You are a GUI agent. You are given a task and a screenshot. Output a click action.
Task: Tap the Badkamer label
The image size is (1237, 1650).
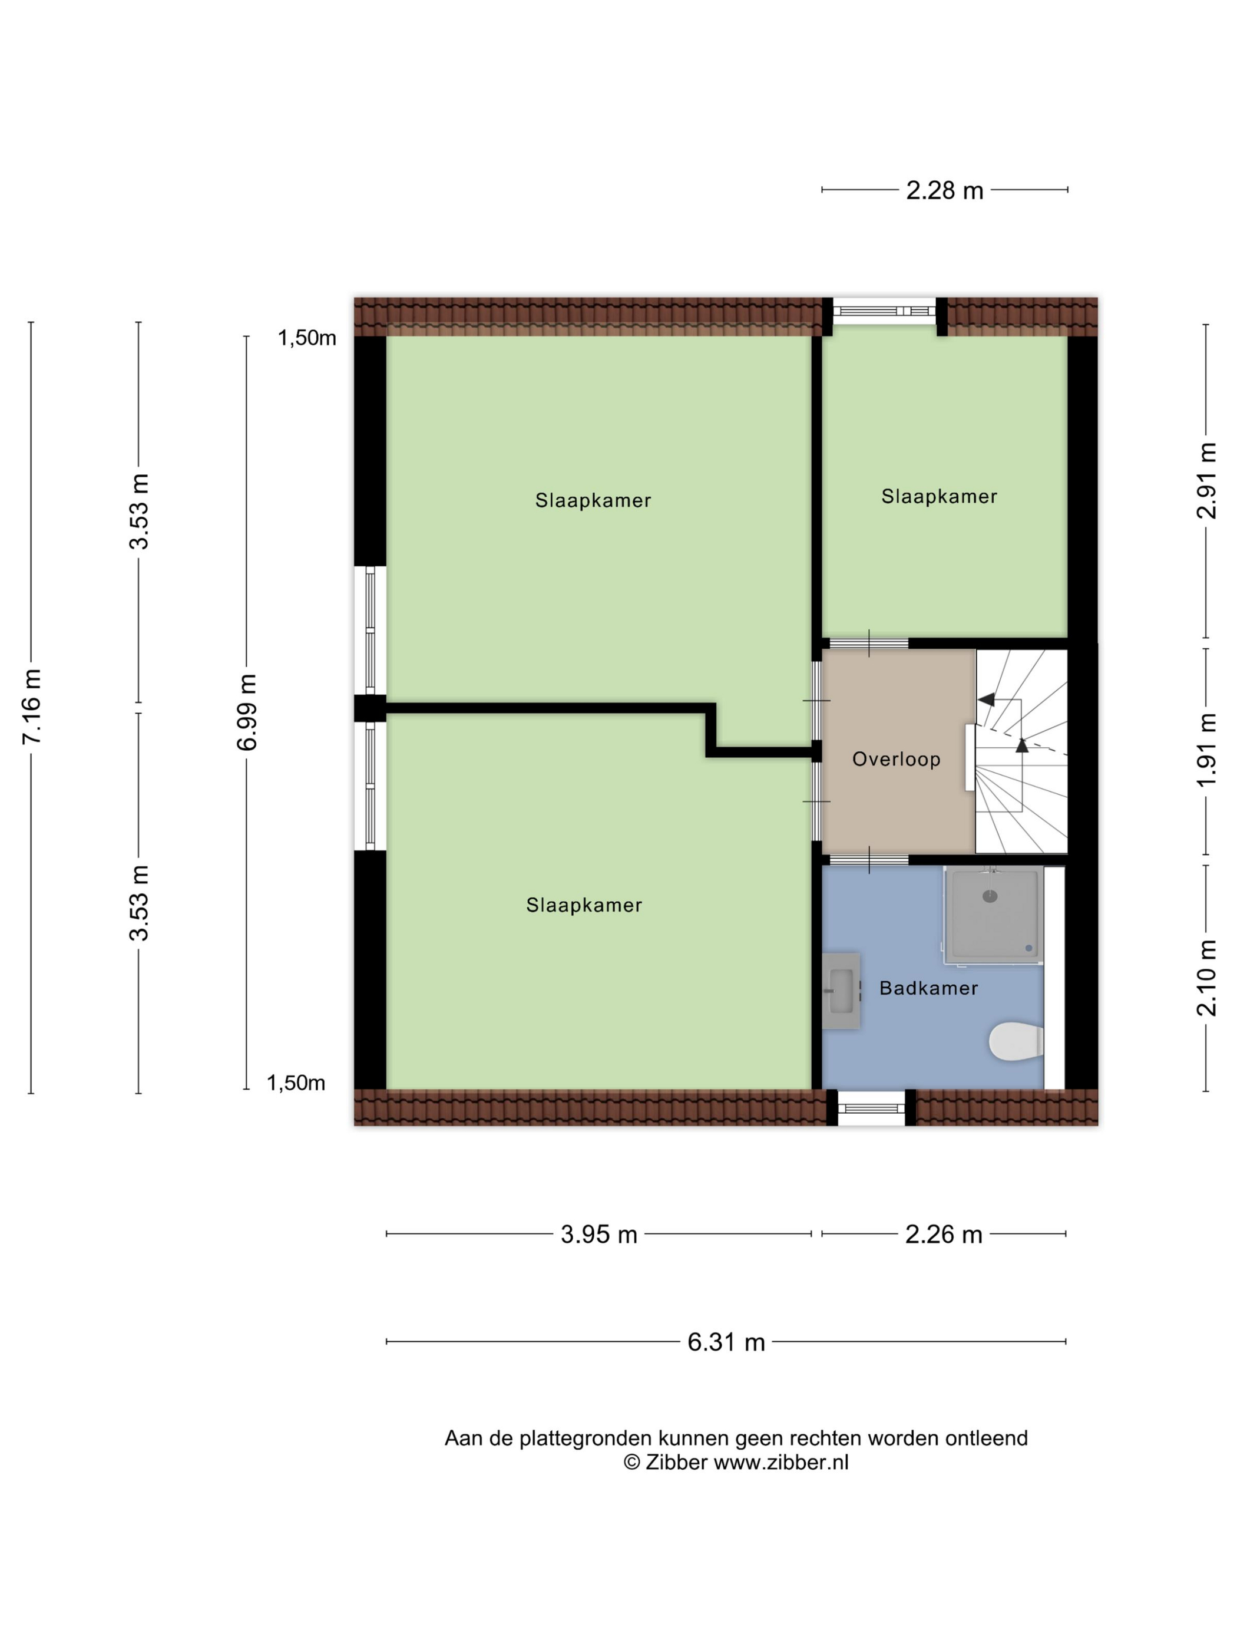[x=928, y=988]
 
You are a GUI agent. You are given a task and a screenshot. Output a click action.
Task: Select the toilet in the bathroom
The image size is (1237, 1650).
[x=1016, y=1041]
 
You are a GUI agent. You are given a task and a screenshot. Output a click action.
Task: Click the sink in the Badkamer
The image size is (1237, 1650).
[x=841, y=991]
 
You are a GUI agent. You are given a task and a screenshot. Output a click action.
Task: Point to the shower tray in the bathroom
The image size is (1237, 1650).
[x=994, y=915]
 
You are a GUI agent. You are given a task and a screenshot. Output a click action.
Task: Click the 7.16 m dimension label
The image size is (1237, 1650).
[x=31, y=707]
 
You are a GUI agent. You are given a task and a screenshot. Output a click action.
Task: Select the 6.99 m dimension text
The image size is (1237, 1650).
[x=247, y=712]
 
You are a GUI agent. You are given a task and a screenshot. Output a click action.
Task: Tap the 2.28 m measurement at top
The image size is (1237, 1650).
[x=944, y=190]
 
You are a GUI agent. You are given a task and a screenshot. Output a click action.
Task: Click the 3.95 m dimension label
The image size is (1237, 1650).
[x=598, y=1235]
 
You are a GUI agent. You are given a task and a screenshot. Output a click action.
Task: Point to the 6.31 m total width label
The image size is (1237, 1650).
[x=726, y=1342]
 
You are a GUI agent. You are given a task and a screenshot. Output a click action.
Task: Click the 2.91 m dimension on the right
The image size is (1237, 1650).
[x=1206, y=480]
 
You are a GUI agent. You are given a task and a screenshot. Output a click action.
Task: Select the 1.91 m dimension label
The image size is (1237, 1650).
[x=1206, y=750]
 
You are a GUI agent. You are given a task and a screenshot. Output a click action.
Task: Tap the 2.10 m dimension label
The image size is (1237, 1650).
[x=1206, y=978]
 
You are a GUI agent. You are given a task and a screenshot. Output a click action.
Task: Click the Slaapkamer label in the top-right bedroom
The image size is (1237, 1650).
[x=939, y=496]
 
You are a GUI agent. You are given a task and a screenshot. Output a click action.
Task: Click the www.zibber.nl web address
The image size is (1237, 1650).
[x=780, y=1462]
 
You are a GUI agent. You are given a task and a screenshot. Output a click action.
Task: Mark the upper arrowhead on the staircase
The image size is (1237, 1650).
[x=987, y=699]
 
